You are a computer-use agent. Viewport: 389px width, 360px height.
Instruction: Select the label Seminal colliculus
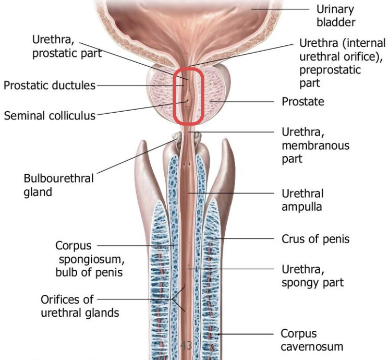tap(50, 115)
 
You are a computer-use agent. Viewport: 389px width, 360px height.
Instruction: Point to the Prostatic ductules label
tap(50, 85)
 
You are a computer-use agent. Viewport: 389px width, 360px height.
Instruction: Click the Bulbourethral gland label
tap(59, 185)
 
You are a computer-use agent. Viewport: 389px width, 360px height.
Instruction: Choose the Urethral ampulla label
tap(302, 200)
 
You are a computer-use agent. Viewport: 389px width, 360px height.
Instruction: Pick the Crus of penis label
tap(315, 239)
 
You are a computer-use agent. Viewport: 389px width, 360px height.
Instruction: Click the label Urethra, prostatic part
tap(67, 46)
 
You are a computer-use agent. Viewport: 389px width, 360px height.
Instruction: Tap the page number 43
tap(186, 345)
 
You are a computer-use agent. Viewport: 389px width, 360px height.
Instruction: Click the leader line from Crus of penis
tap(245, 239)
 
